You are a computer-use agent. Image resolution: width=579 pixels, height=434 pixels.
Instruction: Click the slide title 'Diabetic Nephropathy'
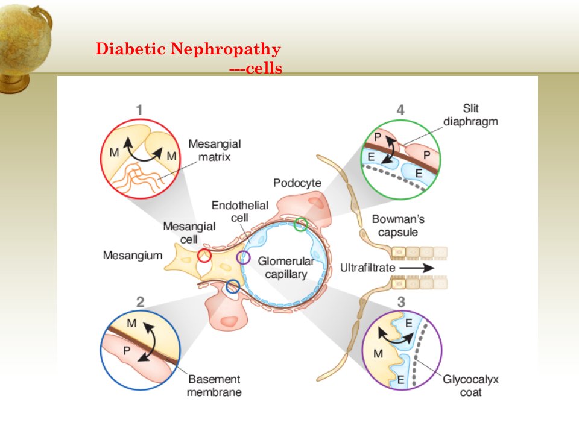[x=188, y=49]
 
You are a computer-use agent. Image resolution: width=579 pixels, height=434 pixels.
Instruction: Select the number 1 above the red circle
[x=139, y=110]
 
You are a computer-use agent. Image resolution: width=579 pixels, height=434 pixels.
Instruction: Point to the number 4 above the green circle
[x=400, y=110]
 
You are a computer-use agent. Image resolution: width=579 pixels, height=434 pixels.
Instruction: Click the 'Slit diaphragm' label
[x=470, y=115]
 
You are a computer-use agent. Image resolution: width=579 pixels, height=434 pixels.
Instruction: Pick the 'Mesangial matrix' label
[x=215, y=150]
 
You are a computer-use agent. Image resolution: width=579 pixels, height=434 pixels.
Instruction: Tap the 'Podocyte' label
[x=297, y=183]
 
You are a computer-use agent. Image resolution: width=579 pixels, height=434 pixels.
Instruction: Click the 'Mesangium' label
[x=133, y=256]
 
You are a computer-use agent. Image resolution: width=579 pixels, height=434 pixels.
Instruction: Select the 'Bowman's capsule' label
[x=398, y=225]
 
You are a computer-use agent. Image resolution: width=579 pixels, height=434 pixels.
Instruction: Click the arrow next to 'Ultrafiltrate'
[x=417, y=268]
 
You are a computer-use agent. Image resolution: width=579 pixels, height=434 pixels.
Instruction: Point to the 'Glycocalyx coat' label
[x=470, y=385]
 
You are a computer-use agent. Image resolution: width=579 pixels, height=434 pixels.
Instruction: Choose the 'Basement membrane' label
[x=214, y=385]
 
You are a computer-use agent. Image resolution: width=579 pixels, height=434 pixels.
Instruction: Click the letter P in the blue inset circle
[x=126, y=351]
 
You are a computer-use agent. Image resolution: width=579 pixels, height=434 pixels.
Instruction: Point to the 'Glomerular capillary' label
[x=286, y=268]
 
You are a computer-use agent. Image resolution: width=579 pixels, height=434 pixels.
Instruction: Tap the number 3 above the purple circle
[x=402, y=302]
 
